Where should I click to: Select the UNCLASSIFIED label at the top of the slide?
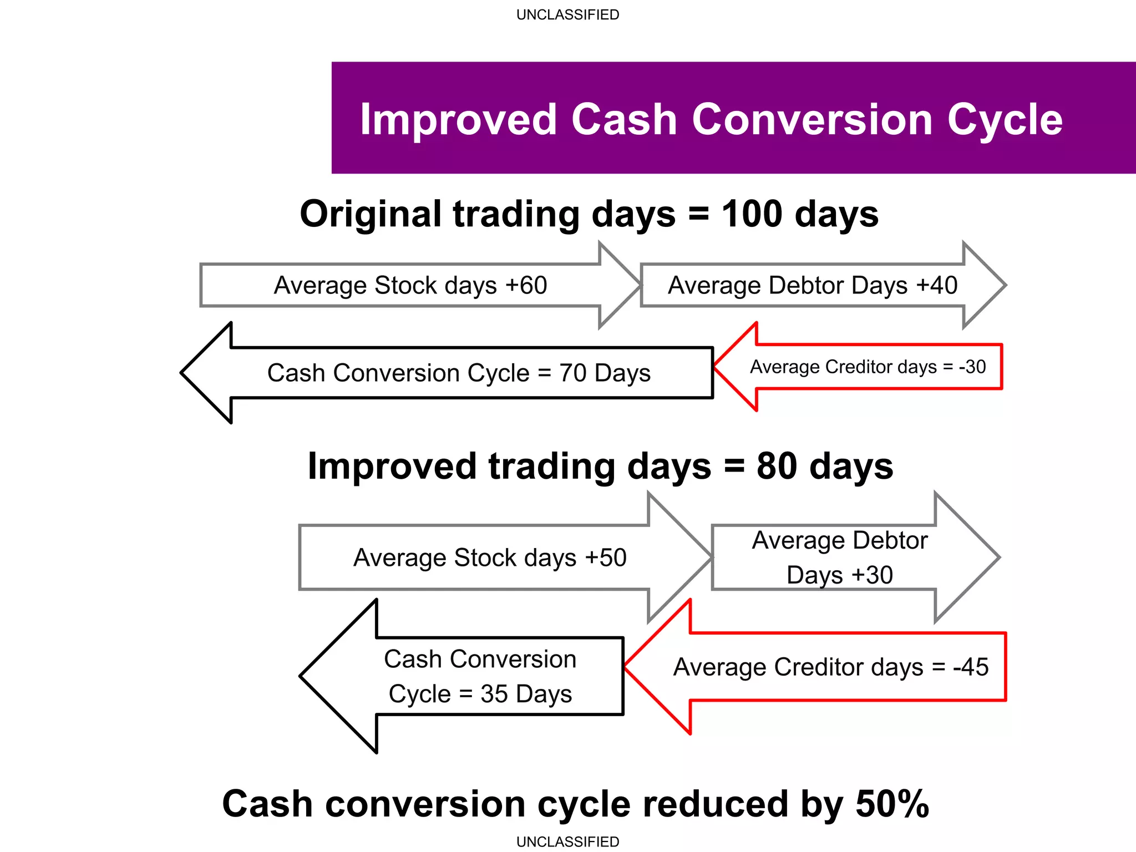click(567, 15)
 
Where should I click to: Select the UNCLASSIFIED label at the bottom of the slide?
click(567, 841)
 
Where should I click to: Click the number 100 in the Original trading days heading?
click(752, 214)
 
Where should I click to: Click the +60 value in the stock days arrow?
click(526, 286)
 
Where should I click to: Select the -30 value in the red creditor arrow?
click(972, 367)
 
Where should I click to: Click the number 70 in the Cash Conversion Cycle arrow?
click(572, 373)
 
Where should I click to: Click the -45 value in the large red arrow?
click(971, 667)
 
